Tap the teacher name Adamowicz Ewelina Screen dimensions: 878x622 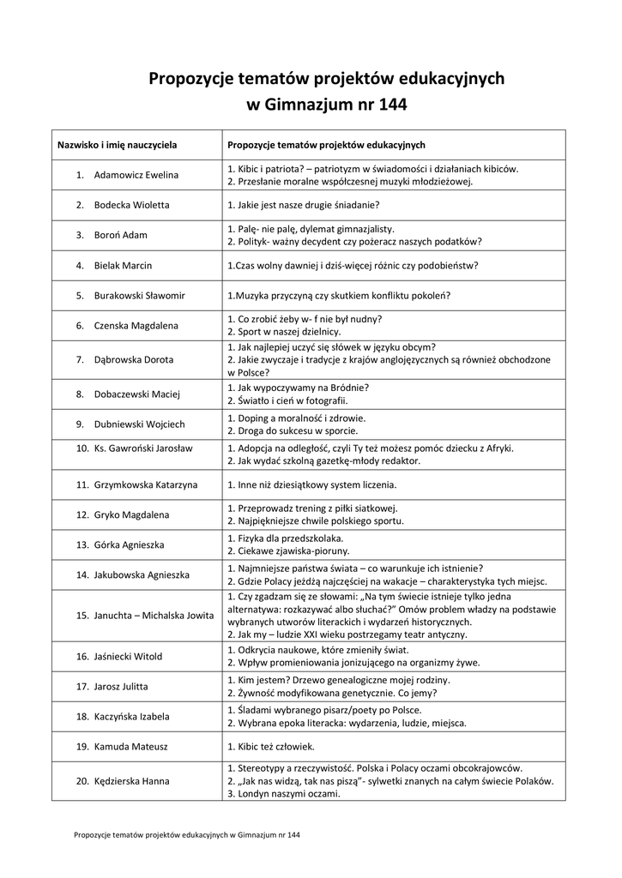[x=136, y=175]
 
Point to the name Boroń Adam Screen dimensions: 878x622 [x=121, y=235]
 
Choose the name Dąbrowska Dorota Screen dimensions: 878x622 [x=133, y=359]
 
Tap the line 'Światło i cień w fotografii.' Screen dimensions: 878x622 [x=287, y=400]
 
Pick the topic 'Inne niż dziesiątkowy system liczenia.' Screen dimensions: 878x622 [x=311, y=484]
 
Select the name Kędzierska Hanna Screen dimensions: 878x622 [x=131, y=781]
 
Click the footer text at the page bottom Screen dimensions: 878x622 [x=187, y=833]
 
